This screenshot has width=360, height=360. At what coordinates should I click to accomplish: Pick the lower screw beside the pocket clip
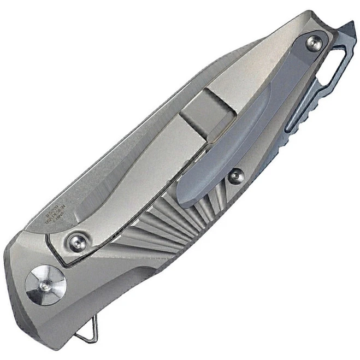tap(236, 176)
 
